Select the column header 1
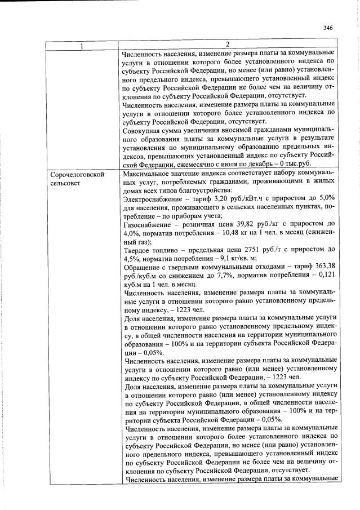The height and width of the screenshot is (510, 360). pos(83,45)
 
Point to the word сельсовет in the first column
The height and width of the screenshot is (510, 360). pos(65,184)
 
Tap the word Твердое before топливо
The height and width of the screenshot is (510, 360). pos(136,266)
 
